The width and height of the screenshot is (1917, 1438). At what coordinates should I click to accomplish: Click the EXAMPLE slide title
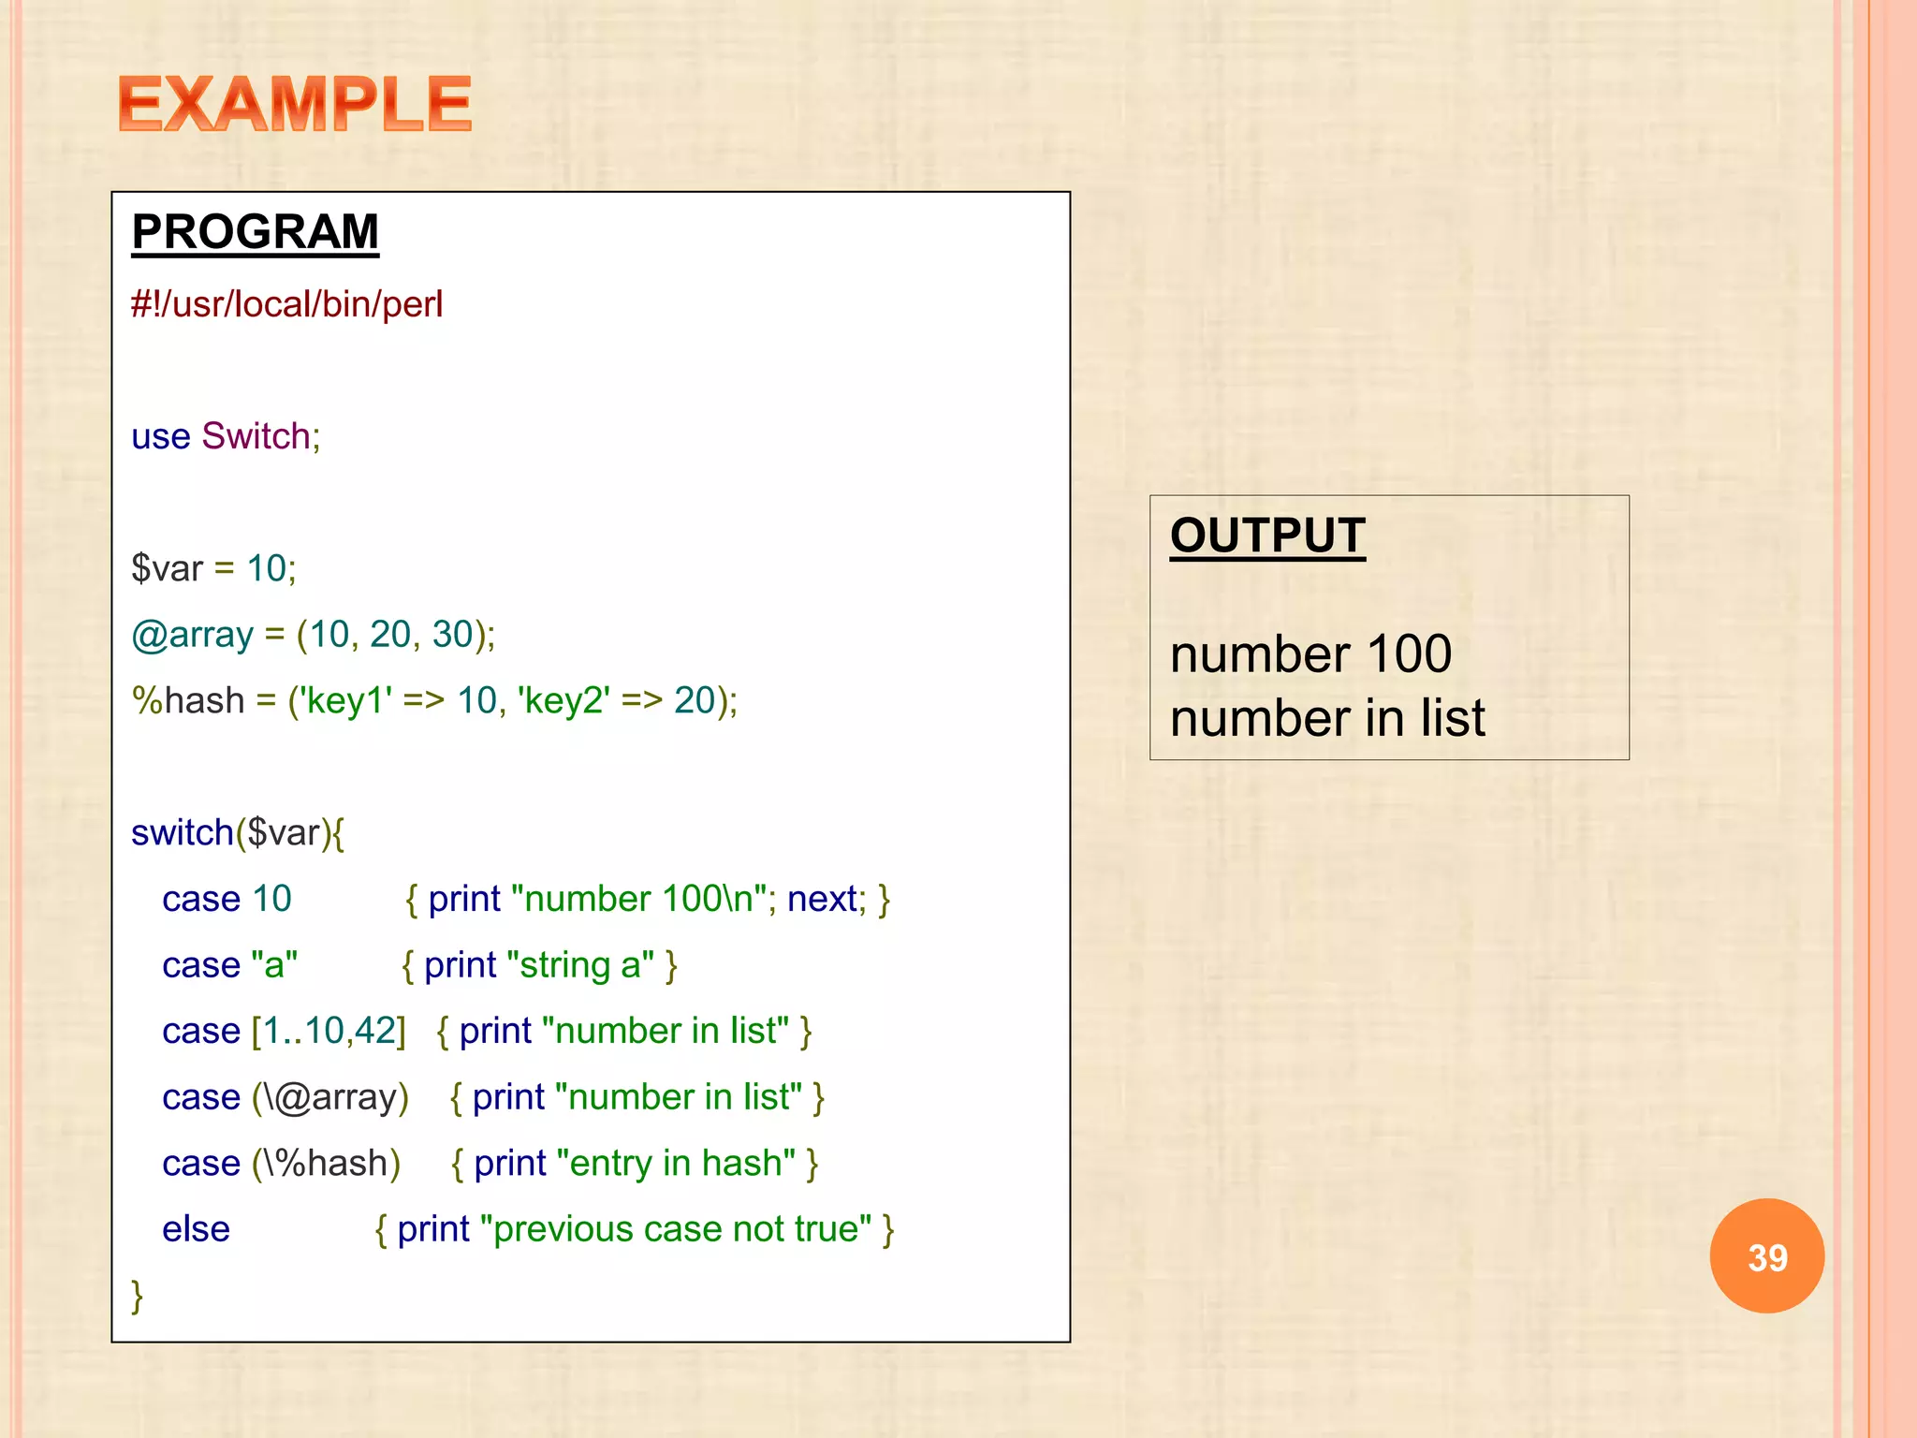pos(295,104)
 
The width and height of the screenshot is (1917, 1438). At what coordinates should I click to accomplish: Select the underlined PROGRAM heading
pos(255,231)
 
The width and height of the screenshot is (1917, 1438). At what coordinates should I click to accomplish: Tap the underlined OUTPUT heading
pos(1267,536)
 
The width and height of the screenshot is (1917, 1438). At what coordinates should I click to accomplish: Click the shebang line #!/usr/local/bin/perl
pos(286,304)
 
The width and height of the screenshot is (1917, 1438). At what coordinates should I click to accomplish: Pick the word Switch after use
pos(256,436)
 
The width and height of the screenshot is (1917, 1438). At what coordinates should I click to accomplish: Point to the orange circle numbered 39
pos(1766,1256)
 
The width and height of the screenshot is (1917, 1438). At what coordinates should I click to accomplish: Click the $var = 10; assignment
pos(213,568)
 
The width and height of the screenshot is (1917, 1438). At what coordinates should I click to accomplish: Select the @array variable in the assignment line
pos(192,635)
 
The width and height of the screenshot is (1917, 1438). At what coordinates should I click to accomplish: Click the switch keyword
pos(182,832)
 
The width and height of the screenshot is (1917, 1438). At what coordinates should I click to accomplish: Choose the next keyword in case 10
pos(822,899)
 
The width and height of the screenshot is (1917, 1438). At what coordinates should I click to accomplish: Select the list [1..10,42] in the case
pos(329,1031)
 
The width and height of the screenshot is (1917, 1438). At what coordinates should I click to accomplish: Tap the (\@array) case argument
pos(330,1097)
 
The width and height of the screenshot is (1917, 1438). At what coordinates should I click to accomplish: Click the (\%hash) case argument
pos(326,1164)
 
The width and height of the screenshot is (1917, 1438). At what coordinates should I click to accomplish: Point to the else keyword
pos(196,1229)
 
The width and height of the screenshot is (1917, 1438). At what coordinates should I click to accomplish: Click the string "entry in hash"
pos(676,1164)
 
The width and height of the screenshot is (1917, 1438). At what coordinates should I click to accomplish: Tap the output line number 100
pos(1310,653)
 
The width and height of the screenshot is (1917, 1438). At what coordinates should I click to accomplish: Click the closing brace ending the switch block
pos(138,1296)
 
